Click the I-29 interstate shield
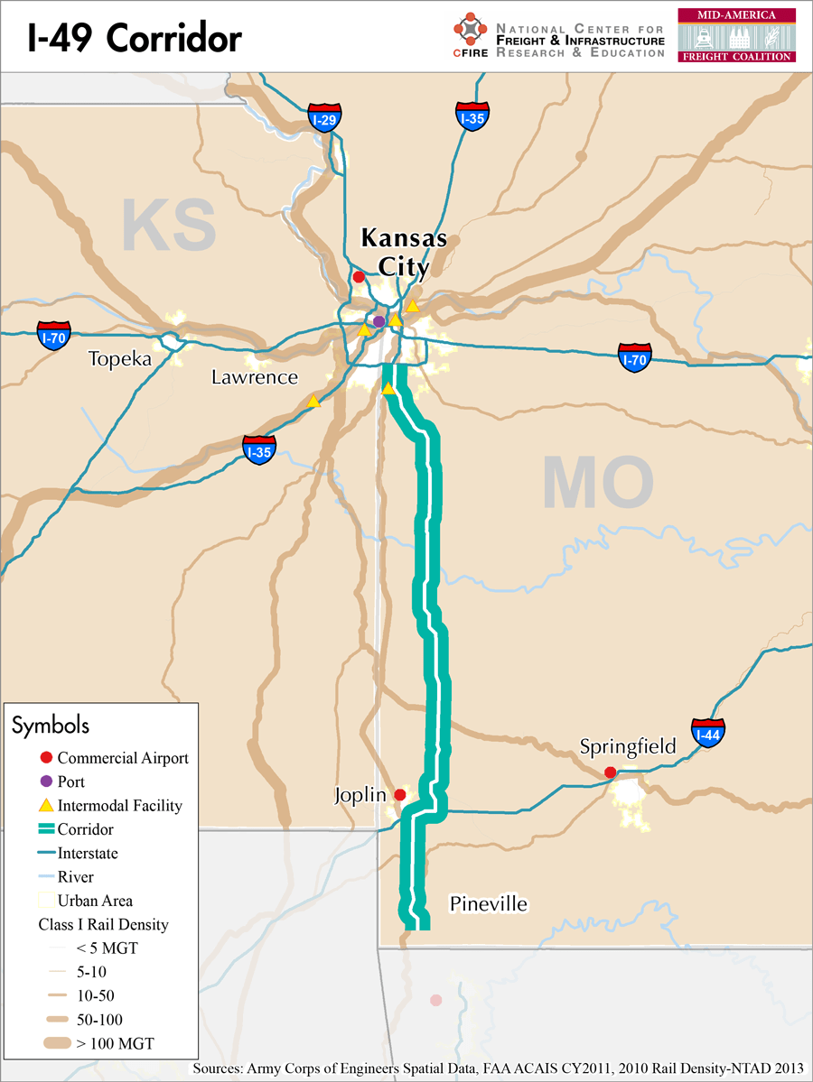[x=324, y=119]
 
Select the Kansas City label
[x=404, y=252]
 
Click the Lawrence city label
[x=255, y=377]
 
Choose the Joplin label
[x=360, y=796]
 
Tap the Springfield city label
[x=628, y=746]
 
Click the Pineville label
[x=488, y=904]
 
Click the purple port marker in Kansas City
[x=379, y=321]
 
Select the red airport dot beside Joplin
[x=400, y=795]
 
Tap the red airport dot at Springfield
[x=611, y=772]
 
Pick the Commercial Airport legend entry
[x=122, y=758]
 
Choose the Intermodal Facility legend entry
[x=119, y=806]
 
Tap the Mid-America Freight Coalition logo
[x=736, y=35]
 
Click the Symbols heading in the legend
[x=51, y=725]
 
